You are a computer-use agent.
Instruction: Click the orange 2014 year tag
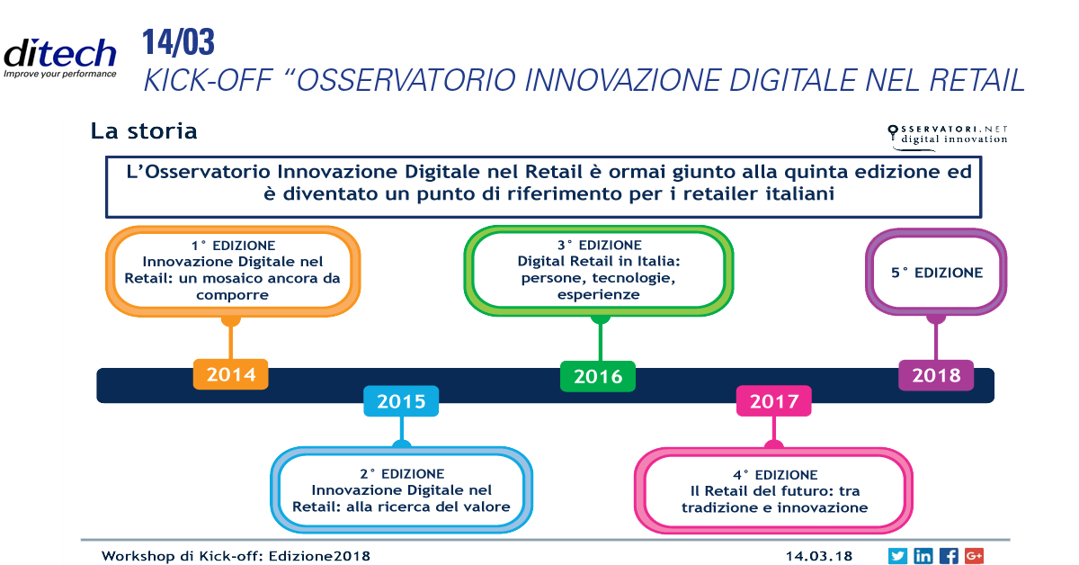pos(231,374)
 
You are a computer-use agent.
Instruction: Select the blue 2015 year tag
pos(401,401)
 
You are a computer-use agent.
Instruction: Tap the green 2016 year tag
pos(598,376)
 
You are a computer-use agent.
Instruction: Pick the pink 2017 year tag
pos(774,401)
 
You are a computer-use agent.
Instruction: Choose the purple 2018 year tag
pos(936,375)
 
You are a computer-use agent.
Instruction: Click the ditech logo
pos(59,58)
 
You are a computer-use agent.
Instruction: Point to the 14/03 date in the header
pos(178,42)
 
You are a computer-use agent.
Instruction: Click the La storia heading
pos(144,131)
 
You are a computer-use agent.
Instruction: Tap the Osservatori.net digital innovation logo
pos(948,137)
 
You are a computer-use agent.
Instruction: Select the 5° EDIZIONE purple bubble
pos(936,273)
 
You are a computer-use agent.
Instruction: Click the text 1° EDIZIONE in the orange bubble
pos(233,246)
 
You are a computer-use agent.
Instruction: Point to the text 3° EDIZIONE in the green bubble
pos(599,245)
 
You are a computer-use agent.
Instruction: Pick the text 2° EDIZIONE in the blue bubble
pos(402,474)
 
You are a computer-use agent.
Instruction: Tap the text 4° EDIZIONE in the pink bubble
pos(775,475)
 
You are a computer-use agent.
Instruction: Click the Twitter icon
pos(897,556)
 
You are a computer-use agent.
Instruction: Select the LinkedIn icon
pos(923,556)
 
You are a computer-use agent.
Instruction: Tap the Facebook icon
pos(949,556)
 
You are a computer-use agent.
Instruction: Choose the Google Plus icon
pos(974,556)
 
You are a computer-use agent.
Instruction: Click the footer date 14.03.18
pos(819,556)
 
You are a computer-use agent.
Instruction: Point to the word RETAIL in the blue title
pos(976,80)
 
